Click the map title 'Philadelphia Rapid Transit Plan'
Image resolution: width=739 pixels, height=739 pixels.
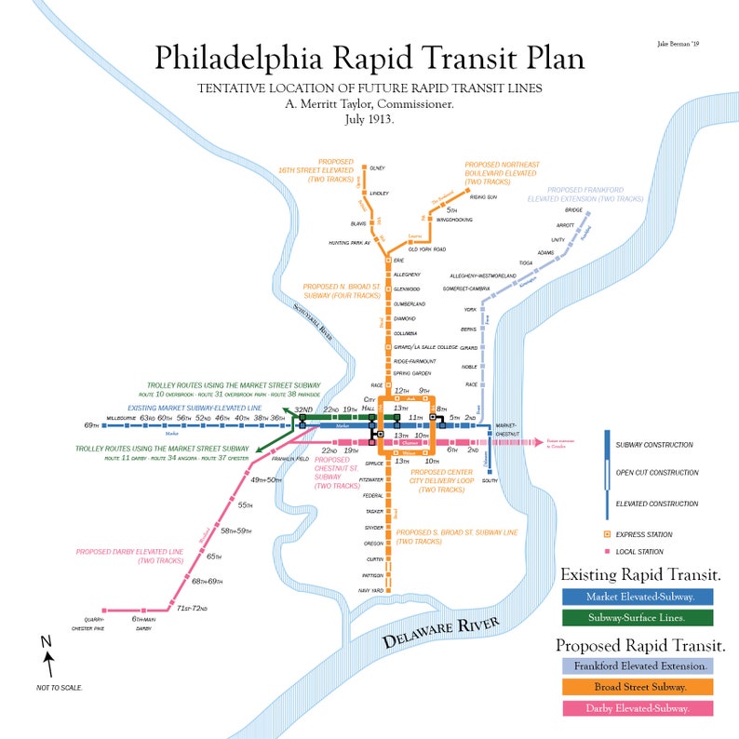click(369, 57)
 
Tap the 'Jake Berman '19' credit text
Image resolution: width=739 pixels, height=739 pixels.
click(679, 44)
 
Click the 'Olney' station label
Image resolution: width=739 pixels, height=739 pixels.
click(377, 168)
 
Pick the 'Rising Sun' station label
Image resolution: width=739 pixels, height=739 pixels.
click(483, 197)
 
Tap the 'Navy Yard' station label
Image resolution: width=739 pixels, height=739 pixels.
click(370, 590)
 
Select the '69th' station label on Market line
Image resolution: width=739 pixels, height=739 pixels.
click(90, 425)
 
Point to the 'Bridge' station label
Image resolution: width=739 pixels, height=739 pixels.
click(573, 210)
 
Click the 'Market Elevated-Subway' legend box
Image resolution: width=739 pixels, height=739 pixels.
click(638, 597)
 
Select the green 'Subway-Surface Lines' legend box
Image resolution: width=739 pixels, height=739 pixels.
click(638, 617)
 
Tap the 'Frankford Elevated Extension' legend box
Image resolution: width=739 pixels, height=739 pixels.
click(638, 666)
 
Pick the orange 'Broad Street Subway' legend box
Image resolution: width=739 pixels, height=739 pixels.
click(638, 687)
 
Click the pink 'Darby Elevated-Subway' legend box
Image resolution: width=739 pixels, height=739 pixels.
click(638, 708)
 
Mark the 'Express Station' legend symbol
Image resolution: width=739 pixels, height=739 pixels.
click(607, 534)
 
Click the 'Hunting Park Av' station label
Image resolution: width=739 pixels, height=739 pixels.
click(350, 243)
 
